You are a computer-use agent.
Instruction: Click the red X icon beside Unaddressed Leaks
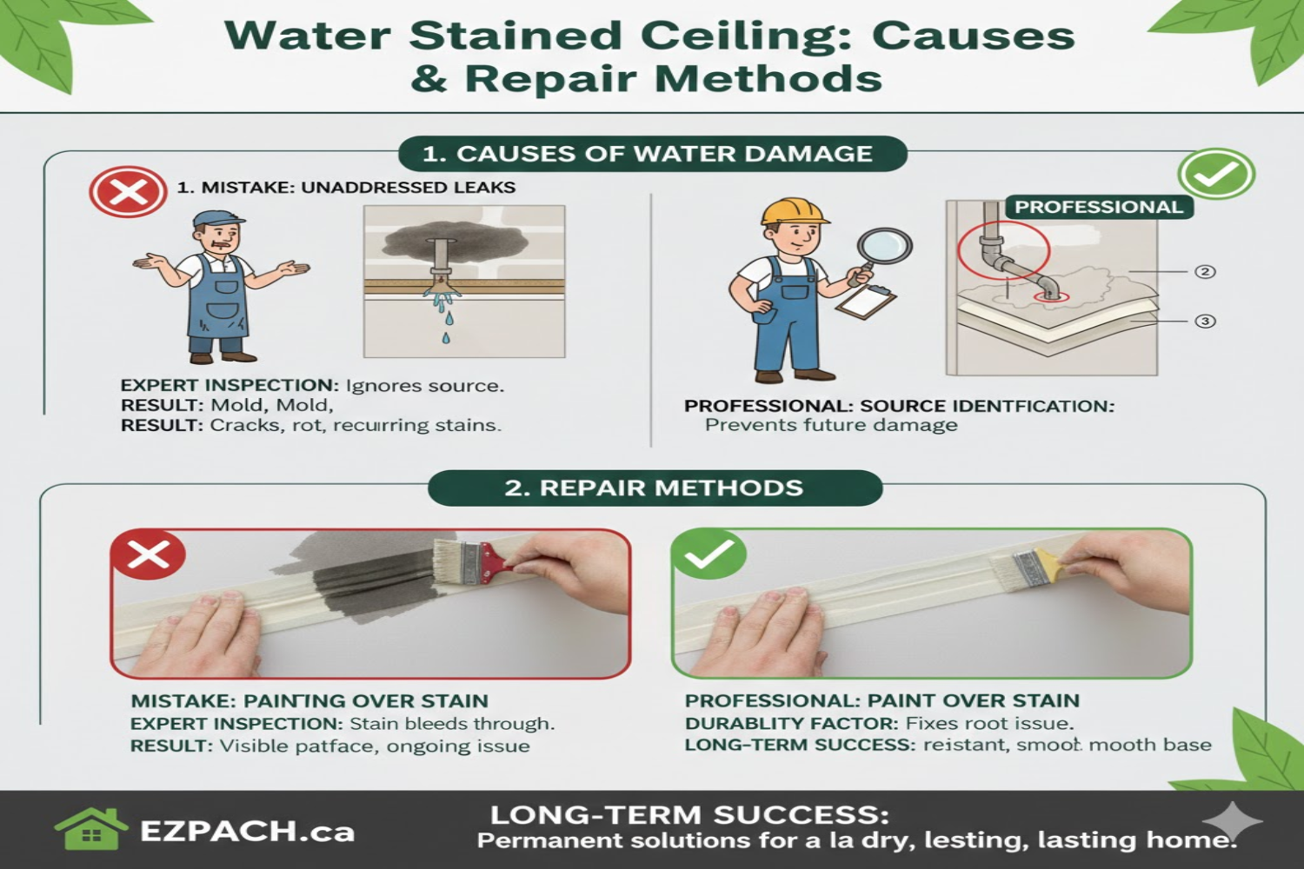128,191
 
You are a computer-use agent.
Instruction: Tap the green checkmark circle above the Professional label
1216,174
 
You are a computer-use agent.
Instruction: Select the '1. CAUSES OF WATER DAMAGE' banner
652,154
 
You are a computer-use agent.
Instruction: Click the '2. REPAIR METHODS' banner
655,488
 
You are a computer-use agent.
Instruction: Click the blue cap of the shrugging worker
218,218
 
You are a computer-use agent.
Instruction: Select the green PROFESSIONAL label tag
1099,207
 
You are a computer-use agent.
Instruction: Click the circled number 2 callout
1205,272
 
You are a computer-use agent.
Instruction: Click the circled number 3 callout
1205,322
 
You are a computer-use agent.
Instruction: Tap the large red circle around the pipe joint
1003,250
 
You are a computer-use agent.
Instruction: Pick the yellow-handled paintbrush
1040,567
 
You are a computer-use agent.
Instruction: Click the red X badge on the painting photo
149,554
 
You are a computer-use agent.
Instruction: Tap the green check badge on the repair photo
709,554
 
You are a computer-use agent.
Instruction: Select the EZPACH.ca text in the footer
248,832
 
